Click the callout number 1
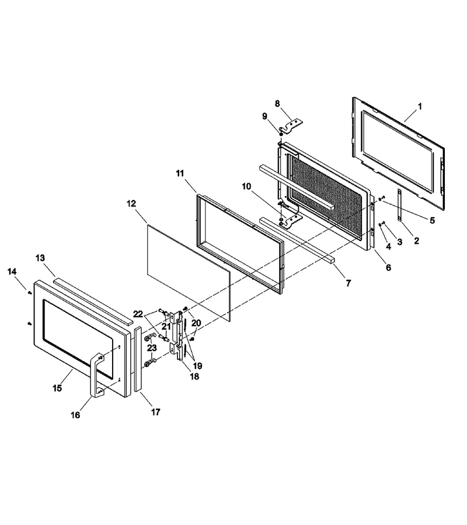(x=420, y=107)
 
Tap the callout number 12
(x=131, y=204)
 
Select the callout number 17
(x=156, y=412)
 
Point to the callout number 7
(x=348, y=283)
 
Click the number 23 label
(x=152, y=348)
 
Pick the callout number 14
(x=12, y=271)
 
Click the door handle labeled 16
(x=96, y=375)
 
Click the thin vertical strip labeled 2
(x=399, y=205)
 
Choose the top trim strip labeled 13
(x=93, y=300)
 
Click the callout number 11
(x=180, y=173)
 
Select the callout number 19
(x=197, y=366)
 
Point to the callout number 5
(x=432, y=220)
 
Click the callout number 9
(x=264, y=116)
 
